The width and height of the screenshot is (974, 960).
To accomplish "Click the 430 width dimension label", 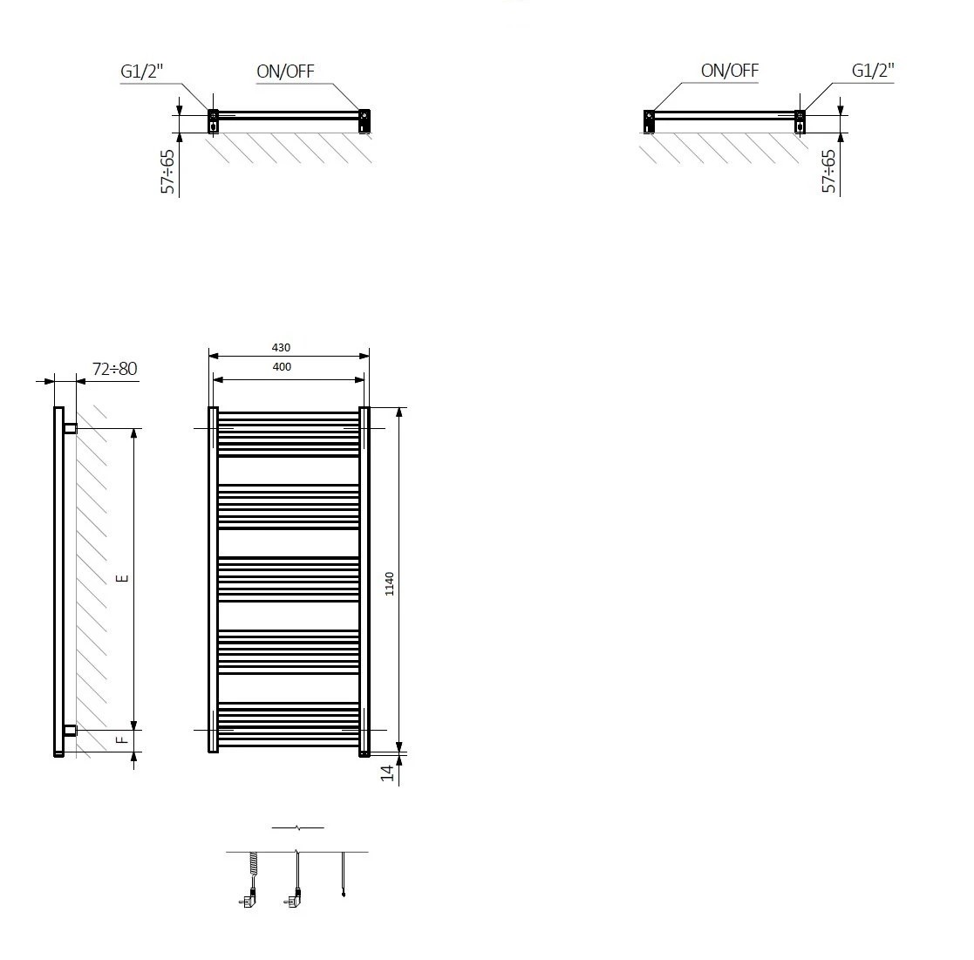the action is pos(281,348).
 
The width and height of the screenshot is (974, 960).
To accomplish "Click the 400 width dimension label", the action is pos(282,367).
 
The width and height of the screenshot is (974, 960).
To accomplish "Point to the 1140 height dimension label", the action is pos(390,583).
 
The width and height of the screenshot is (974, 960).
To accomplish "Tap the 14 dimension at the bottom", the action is pos(388,773).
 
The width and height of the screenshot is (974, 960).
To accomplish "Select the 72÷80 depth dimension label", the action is pos(115,369).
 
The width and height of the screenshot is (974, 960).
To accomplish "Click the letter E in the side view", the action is pos(123,578).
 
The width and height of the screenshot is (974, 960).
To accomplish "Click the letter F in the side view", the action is pos(123,739).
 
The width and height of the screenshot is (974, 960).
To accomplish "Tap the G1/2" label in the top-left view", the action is pos(141,71).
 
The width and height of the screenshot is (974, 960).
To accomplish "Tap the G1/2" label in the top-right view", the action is pos(873,70).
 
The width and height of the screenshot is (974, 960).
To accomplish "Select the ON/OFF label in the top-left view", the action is pos(285,71).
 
